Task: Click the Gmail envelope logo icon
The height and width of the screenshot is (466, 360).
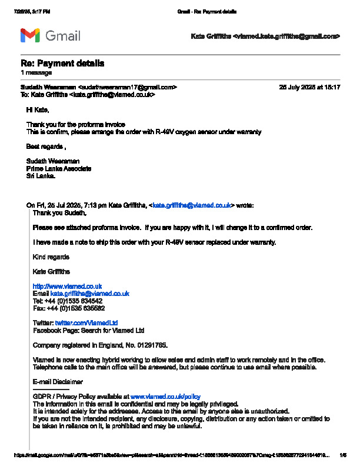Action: coord(30,36)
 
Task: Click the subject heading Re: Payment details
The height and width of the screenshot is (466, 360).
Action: coord(63,64)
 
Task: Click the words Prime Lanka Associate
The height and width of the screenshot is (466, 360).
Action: coord(59,168)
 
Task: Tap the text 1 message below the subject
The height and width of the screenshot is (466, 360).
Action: coord(36,72)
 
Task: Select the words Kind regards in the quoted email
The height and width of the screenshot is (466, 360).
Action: coord(51,257)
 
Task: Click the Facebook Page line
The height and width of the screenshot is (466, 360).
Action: coord(88,331)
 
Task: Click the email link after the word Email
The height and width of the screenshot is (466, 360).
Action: coord(89,293)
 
